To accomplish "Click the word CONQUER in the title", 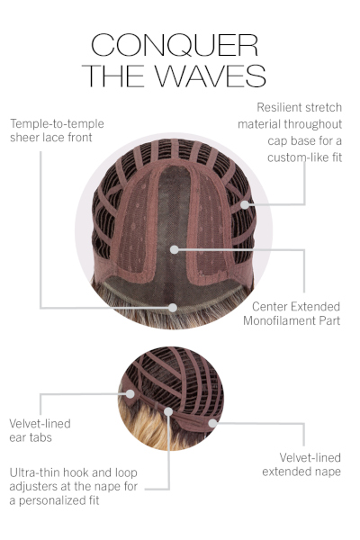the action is (175, 45).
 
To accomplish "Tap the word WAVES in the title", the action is (211, 76).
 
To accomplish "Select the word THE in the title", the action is (112, 76).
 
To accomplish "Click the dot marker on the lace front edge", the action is (173, 308).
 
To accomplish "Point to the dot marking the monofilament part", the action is (175, 249).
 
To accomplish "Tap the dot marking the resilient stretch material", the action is (244, 204).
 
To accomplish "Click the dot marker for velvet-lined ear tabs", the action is (130, 393).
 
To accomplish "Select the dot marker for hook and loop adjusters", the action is (168, 411).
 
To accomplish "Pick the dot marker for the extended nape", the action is (213, 423).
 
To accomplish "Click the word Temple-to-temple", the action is (57, 123).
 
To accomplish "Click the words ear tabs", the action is (31, 437).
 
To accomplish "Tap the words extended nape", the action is (301, 472).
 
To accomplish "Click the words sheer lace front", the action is (51, 138).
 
